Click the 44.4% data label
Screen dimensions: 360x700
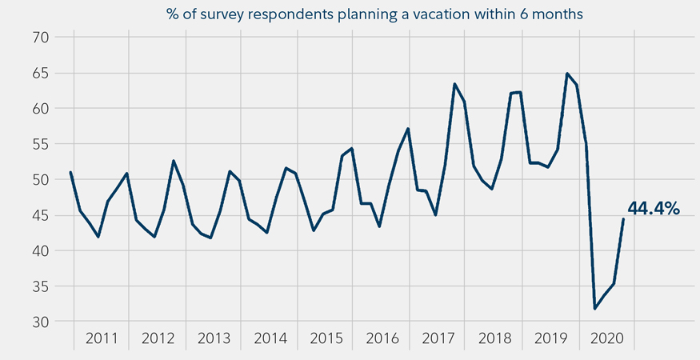(x=653, y=209)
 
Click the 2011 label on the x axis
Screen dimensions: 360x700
(x=102, y=338)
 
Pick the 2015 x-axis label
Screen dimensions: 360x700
(x=326, y=338)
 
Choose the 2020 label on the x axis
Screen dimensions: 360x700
(x=606, y=338)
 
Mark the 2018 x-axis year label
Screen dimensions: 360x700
(x=494, y=338)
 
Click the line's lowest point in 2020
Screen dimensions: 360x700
(x=594, y=309)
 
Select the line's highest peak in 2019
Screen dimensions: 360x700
(x=567, y=74)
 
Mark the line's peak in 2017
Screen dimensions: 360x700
(x=454, y=84)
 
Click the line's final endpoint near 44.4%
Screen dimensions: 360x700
(x=623, y=219)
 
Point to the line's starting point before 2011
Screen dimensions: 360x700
(x=70, y=172)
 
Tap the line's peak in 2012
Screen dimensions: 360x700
(x=174, y=161)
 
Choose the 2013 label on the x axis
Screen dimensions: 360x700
(x=214, y=338)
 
